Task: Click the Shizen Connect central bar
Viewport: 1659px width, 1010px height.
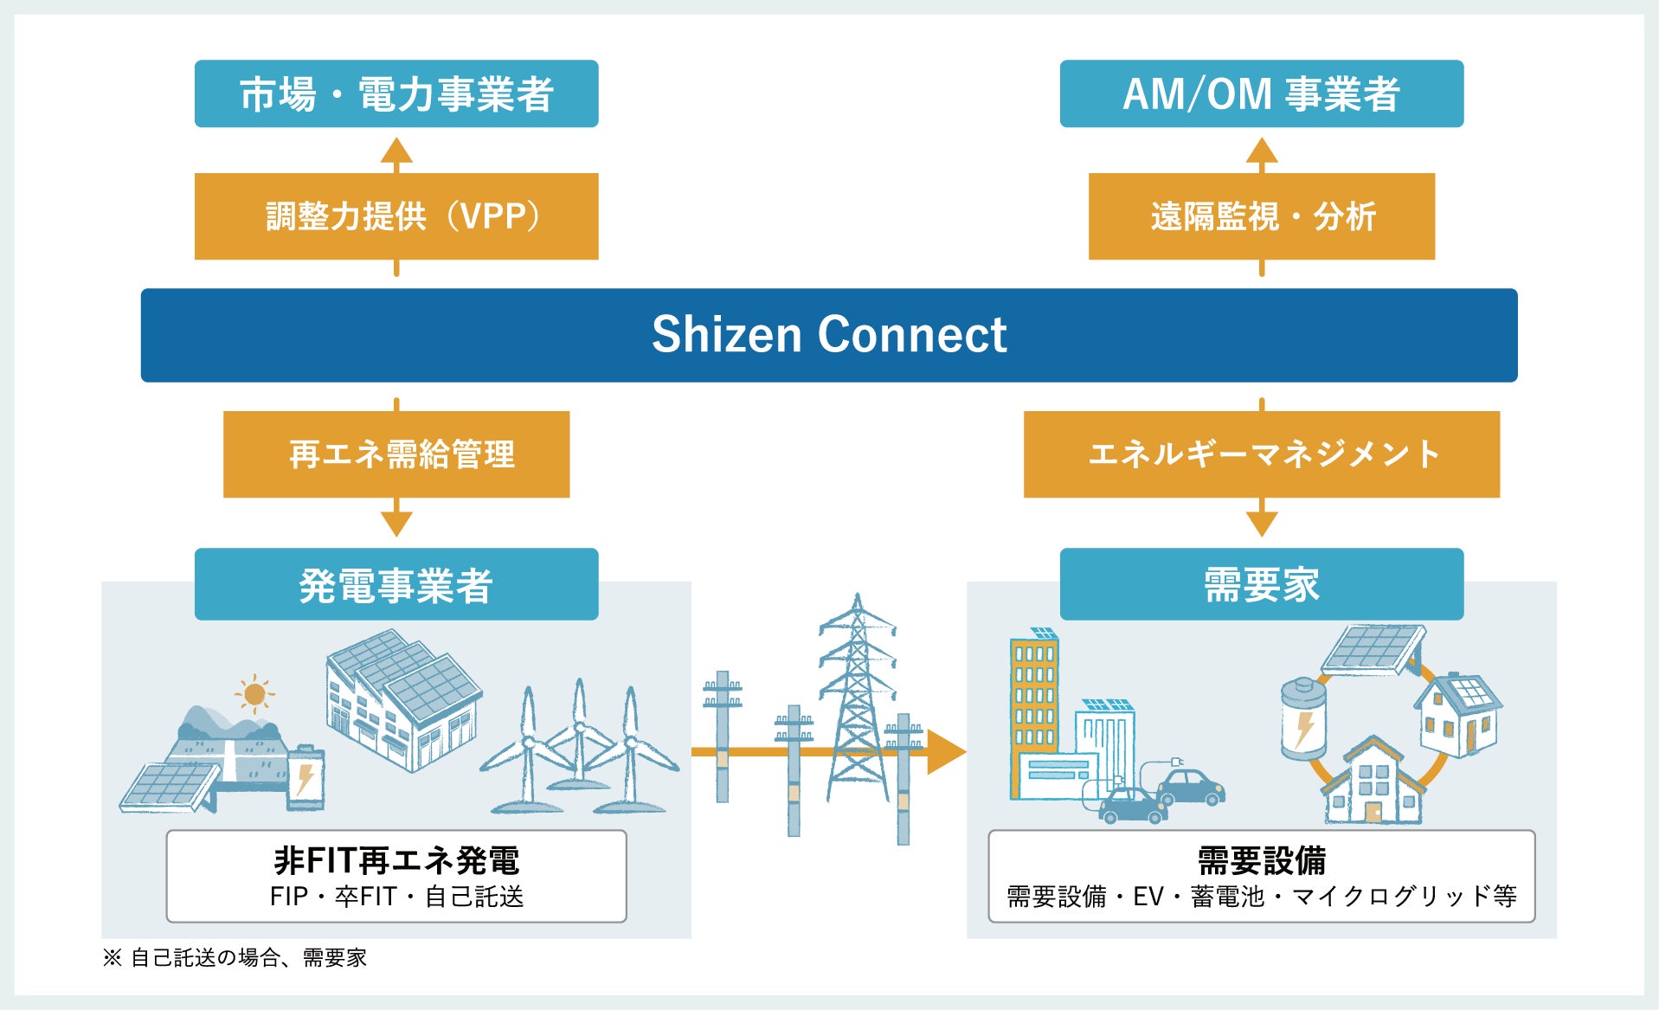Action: pos(829,335)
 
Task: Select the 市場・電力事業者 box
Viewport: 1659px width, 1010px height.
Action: pos(396,93)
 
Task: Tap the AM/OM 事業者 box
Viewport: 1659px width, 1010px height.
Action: pos(1261,93)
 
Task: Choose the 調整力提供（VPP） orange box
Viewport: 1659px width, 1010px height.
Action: pos(396,216)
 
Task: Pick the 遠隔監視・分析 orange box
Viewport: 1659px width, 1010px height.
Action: pos(1261,216)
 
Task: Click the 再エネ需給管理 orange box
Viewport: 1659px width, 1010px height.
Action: pos(396,454)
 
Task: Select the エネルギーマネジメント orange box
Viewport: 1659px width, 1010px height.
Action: pos(1261,454)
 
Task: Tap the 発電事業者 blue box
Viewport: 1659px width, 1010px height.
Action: pos(396,584)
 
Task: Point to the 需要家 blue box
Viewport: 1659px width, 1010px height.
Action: pos(1261,584)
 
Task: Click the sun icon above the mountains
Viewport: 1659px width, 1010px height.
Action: pos(254,693)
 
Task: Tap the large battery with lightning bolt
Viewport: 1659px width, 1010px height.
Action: pos(1302,718)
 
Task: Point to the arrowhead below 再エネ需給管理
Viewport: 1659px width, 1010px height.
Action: pos(396,522)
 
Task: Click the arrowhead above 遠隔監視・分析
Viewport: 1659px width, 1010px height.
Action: pos(1261,151)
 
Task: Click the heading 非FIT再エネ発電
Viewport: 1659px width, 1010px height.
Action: pos(396,860)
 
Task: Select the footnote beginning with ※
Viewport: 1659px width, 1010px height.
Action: pos(235,957)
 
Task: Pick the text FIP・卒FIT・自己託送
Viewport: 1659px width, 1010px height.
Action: pos(396,897)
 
